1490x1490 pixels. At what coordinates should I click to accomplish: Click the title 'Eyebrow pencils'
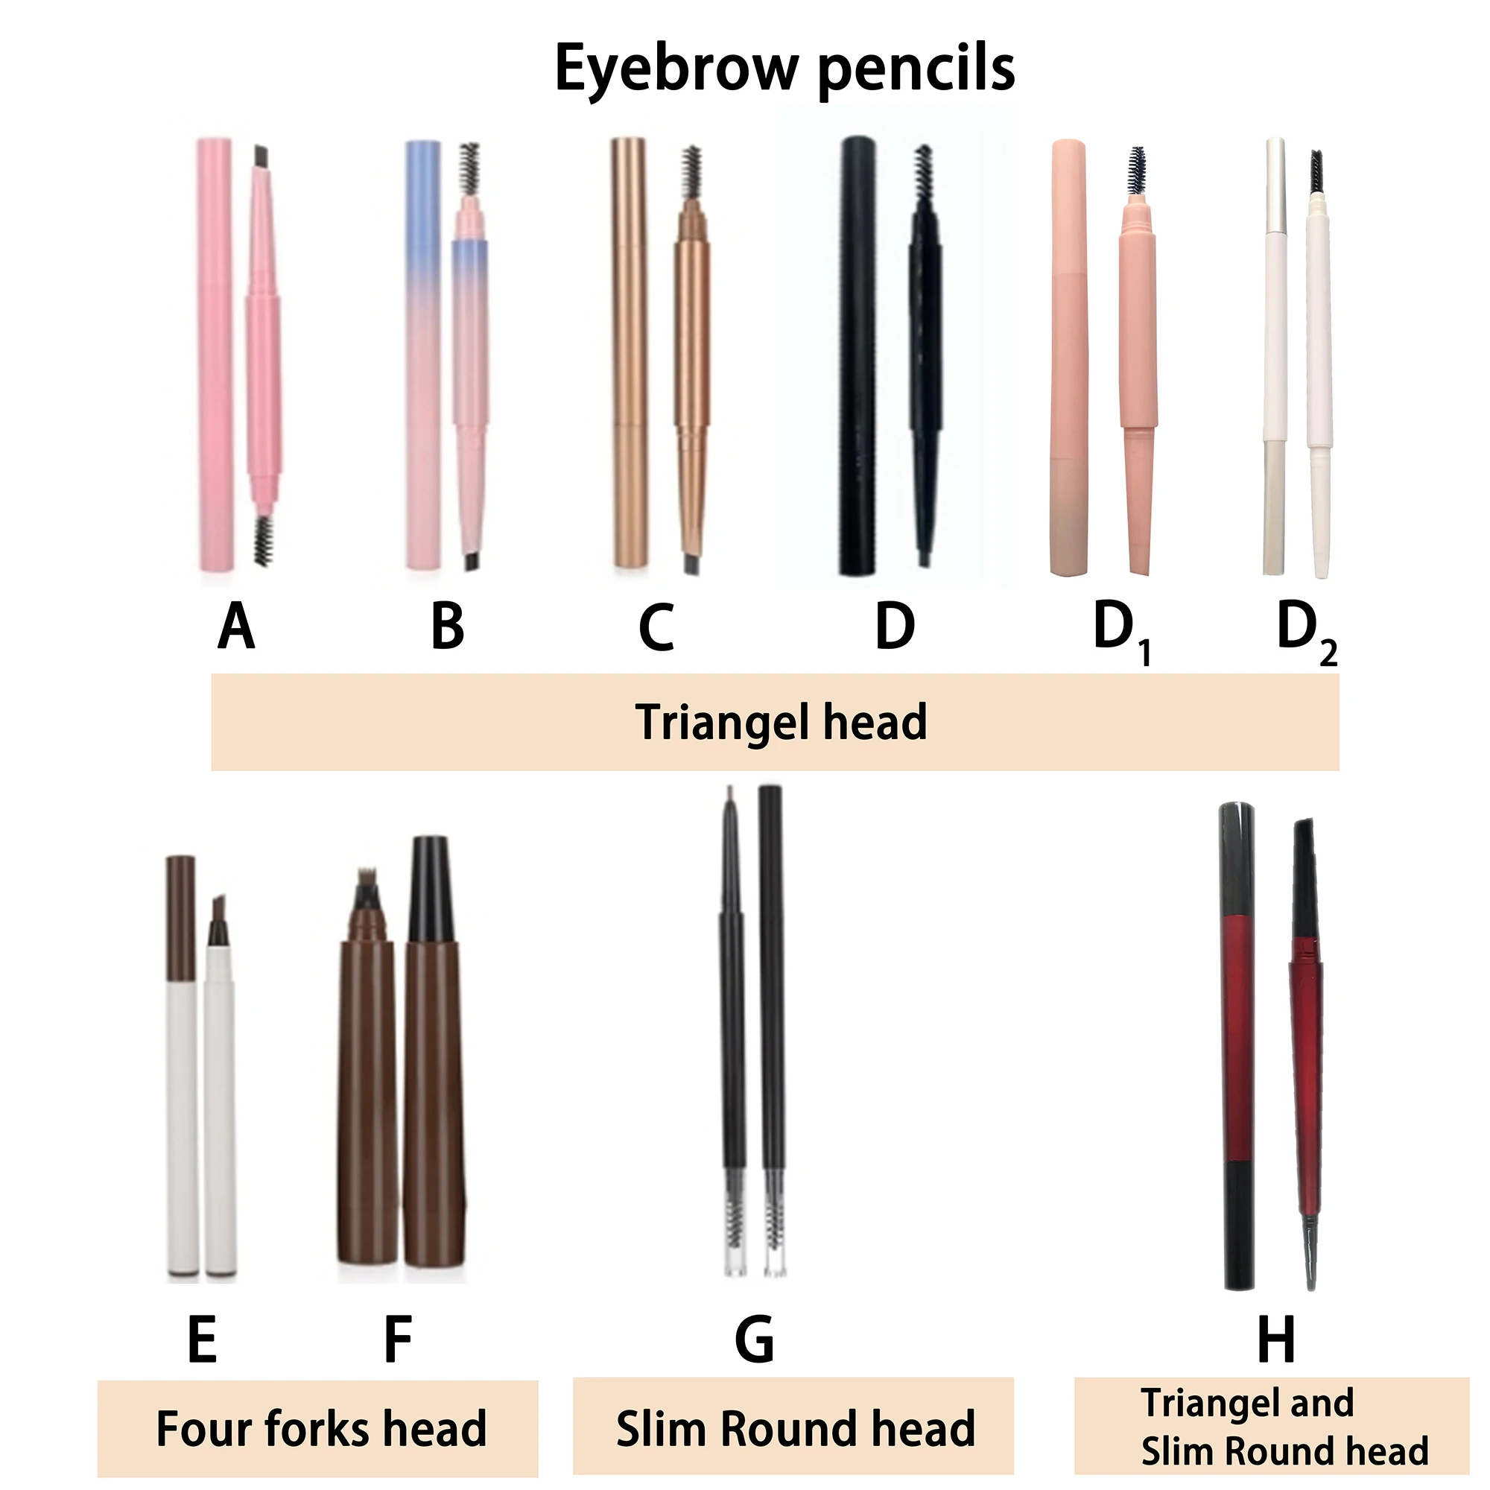(784, 69)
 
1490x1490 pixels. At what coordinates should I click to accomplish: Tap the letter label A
(236, 627)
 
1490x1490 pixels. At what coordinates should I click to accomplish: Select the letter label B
(447, 627)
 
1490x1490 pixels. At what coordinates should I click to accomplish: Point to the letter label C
(656, 628)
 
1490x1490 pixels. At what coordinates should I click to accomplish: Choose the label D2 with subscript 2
(1307, 631)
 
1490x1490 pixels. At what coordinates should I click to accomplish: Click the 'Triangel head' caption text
(781, 723)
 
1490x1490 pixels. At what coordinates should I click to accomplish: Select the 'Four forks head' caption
(321, 1429)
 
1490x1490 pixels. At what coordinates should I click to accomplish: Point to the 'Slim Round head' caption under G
(795, 1429)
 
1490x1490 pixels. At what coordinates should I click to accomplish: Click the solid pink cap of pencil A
(215, 355)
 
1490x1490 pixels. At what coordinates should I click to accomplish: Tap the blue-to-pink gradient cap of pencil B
(423, 355)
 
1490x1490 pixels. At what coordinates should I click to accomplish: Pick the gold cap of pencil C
(630, 355)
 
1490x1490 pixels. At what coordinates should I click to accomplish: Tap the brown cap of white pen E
(180, 917)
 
